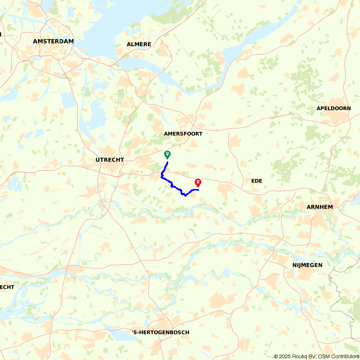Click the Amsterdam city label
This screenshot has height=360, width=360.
pyautogui.click(x=53, y=41)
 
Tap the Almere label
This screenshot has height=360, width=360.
pyautogui.click(x=139, y=44)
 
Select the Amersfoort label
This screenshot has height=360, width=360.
pyautogui.click(x=183, y=134)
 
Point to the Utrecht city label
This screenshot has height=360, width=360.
pyautogui.click(x=110, y=159)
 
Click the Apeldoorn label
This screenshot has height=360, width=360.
pyautogui.click(x=333, y=108)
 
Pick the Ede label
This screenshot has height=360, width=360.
pyautogui.click(x=257, y=181)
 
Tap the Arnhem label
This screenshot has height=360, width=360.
pyautogui.click(x=320, y=207)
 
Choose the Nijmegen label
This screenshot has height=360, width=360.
pyautogui.click(x=307, y=265)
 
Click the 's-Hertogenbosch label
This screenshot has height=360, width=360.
pyautogui.click(x=160, y=332)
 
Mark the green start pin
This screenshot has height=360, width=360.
pyautogui.click(x=167, y=155)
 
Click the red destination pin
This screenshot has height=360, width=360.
pyautogui.click(x=198, y=183)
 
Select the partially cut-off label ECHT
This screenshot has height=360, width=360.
pyautogui.click(x=7, y=287)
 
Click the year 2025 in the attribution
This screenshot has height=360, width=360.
pyautogui.click(x=285, y=356)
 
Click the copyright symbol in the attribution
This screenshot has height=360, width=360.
pyautogui.click(x=276, y=356)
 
